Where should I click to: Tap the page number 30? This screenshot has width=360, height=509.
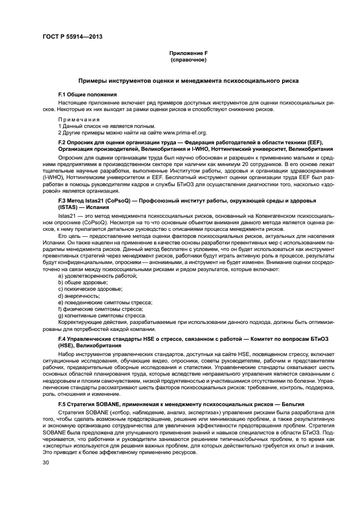point(46,462)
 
